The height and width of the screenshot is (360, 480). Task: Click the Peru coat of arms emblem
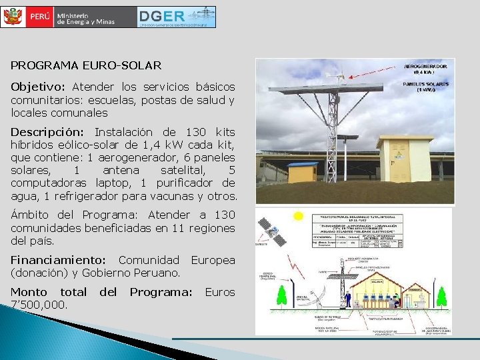click(x=12, y=17)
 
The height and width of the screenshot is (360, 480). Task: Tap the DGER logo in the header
click(x=177, y=17)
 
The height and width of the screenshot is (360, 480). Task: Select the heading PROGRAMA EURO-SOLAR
click(x=86, y=65)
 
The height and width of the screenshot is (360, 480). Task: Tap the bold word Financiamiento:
click(x=58, y=260)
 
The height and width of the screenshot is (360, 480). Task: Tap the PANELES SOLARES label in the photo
click(x=427, y=86)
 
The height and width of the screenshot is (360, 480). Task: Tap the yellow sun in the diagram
click(x=298, y=216)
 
